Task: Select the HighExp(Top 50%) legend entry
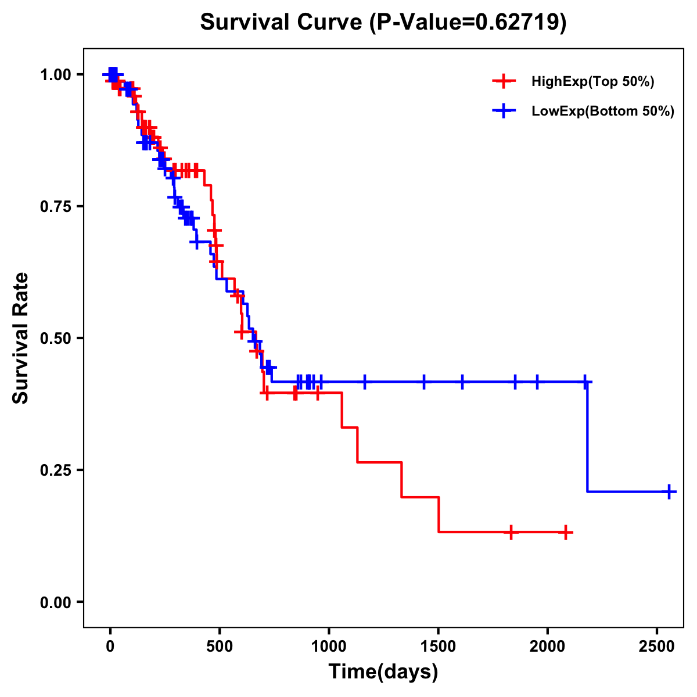[592, 82]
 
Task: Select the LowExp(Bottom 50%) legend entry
[602, 112]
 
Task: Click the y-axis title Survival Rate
[21, 337]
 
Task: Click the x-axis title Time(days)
[383, 672]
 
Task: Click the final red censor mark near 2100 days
[565, 532]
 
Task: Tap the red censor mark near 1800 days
[511, 532]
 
